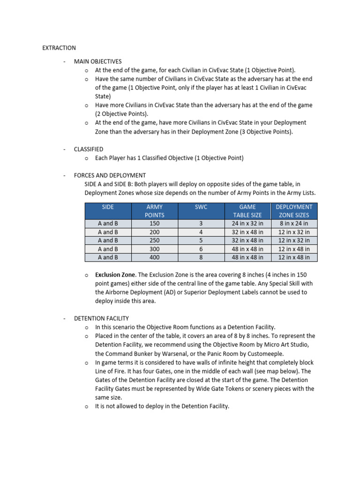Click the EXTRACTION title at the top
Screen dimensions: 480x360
click(x=59, y=48)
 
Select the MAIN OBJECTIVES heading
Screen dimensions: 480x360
click(x=97, y=61)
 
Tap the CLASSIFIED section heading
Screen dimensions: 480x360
click(x=88, y=149)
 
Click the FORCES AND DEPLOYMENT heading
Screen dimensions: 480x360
click(x=110, y=175)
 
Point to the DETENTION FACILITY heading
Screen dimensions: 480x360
click(x=101, y=318)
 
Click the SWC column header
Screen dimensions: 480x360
click(x=201, y=207)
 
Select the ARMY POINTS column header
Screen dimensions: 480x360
click(x=155, y=211)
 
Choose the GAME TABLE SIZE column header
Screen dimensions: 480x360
click(x=247, y=211)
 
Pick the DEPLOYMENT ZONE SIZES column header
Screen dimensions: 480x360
click(x=294, y=211)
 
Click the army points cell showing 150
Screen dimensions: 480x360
click(x=155, y=224)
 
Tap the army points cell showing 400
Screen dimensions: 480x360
click(x=155, y=257)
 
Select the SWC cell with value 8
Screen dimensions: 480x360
click(x=201, y=257)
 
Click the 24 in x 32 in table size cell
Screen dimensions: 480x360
click(x=247, y=224)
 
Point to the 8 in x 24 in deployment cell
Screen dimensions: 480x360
click(x=294, y=224)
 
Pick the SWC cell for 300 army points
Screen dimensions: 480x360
click(x=201, y=249)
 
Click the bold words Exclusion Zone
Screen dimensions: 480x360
click(x=115, y=275)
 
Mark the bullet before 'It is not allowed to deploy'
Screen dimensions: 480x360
click(x=87, y=406)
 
